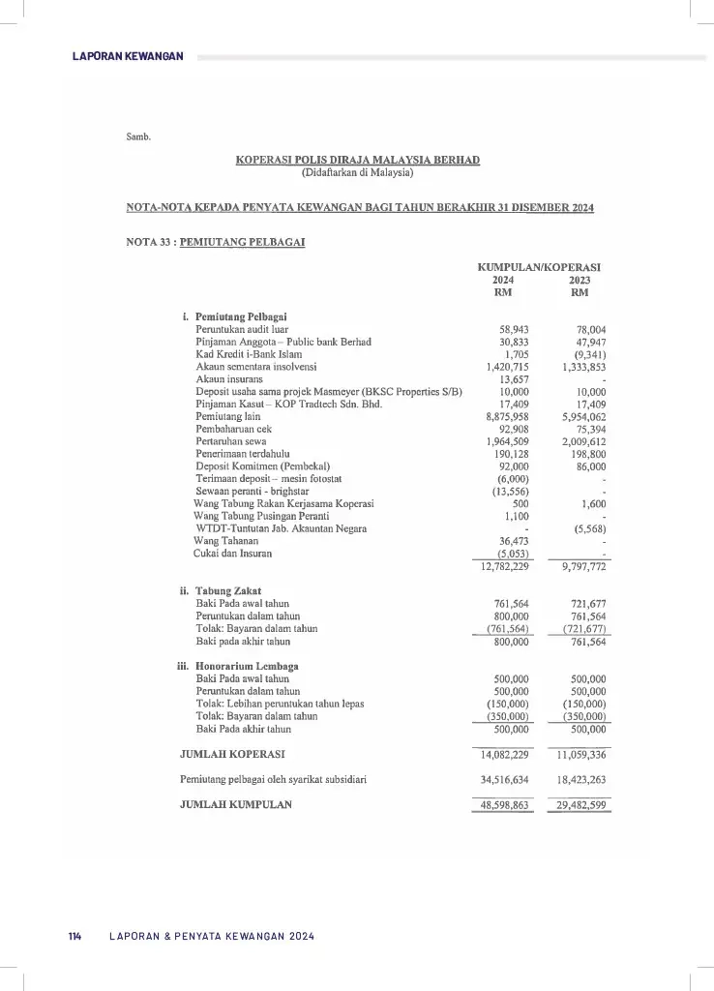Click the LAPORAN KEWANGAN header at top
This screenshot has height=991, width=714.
[x=128, y=57]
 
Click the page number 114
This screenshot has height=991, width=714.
[x=74, y=937]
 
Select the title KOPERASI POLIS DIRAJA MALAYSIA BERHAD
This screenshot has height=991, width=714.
[x=357, y=160]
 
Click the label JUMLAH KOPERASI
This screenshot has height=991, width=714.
[x=232, y=753]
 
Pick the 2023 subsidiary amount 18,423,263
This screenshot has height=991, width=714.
[x=581, y=779]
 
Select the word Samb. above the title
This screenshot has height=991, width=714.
[x=138, y=136]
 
